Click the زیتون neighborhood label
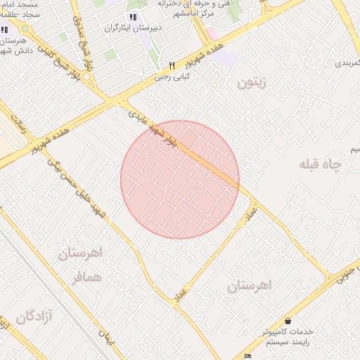tap(254, 83)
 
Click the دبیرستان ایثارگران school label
tap(131, 29)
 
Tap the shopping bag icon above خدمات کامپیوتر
tap(288, 321)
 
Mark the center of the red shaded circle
tap(180, 180)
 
